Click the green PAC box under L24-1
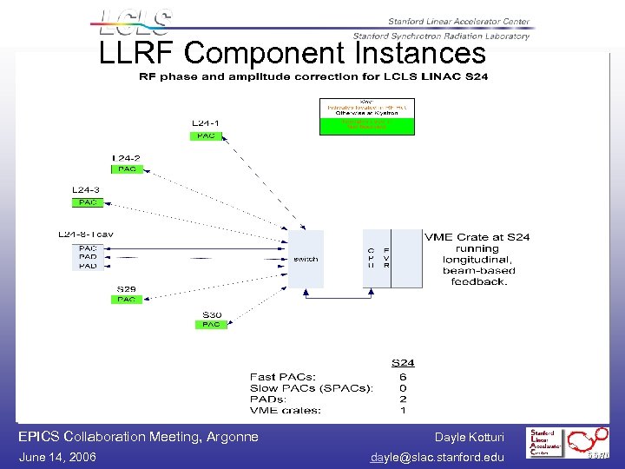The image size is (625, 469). (206, 135)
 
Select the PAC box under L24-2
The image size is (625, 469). (126, 169)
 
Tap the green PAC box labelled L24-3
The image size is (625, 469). (87, 202)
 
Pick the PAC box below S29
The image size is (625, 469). (126, 299)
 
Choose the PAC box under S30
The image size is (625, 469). (211, 324)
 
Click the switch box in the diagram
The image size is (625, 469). (305, 259)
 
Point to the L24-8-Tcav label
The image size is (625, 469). (86, 234)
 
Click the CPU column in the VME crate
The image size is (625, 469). (371, 258)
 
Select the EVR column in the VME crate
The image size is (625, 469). (386, 258)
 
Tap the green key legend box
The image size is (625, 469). (367, 124)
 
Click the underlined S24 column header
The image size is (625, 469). (402, 362)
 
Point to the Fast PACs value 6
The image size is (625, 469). (403, 376)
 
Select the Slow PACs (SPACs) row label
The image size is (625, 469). (311, 387)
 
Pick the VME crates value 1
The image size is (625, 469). (403, 410)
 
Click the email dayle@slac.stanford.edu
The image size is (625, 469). (437, 457)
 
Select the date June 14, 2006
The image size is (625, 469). (57, 457)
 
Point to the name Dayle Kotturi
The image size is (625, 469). (469, 437)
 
